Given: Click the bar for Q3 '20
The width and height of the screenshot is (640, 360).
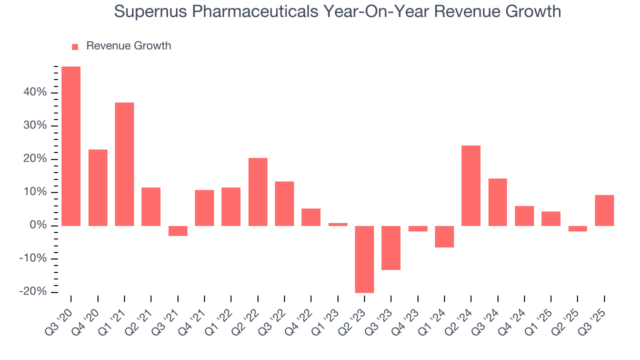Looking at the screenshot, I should [71, 146].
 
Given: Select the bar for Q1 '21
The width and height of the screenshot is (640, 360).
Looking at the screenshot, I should [124, 164].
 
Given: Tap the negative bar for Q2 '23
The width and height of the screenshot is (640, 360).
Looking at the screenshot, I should [364, 259].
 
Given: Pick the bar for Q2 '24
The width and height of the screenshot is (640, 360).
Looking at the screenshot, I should [471, 185].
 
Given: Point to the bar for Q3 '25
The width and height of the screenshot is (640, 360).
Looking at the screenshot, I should [604, 210].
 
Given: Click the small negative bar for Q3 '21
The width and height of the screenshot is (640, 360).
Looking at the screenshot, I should [177, 230].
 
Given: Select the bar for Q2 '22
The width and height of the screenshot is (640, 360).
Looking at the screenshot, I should [258, 191].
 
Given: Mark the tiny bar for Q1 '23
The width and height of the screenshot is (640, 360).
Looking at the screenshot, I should [338, 224].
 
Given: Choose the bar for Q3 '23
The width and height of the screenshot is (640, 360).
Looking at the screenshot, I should [391, 247].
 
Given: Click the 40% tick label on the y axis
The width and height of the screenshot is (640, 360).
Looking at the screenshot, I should [34, 92].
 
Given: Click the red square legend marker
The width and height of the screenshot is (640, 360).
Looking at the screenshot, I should [75, 46].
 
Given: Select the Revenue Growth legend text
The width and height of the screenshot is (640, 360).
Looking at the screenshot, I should [128, 46].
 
